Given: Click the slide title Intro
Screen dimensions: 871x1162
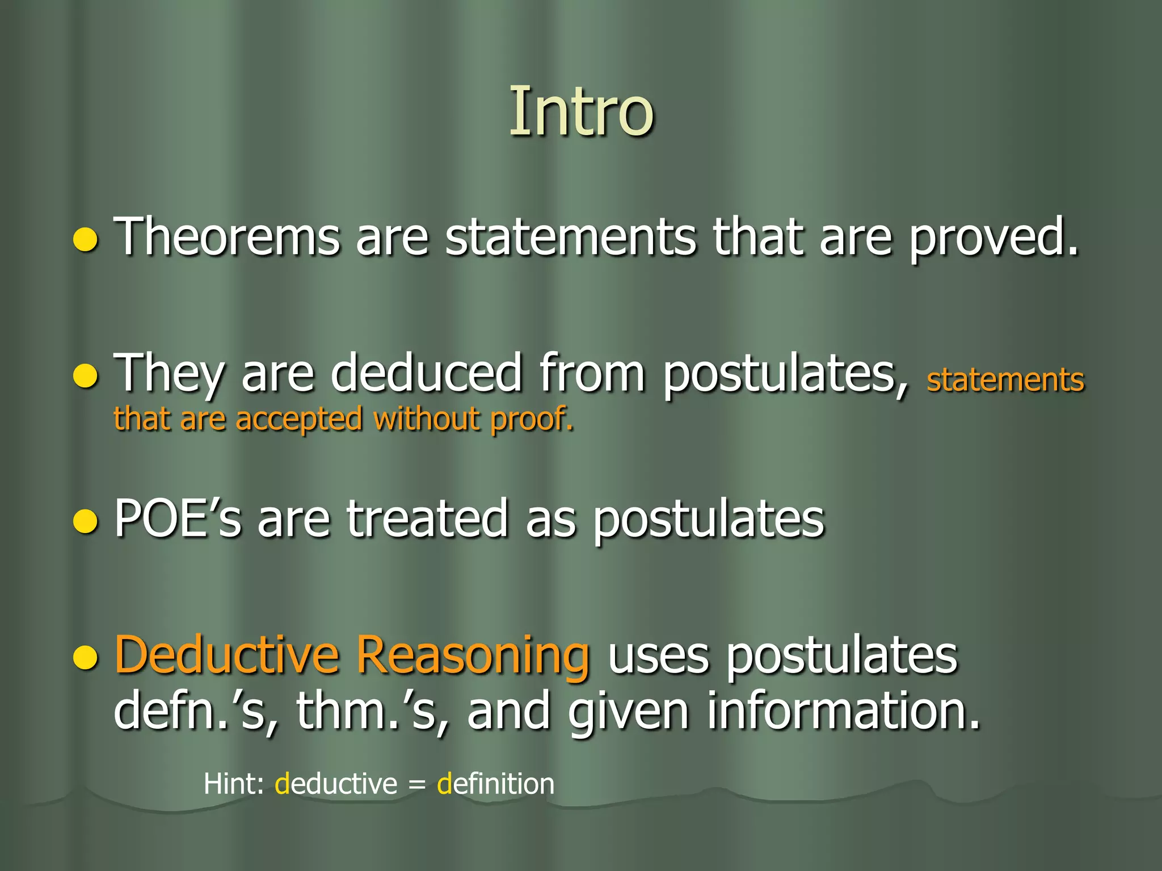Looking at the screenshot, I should [581, 112].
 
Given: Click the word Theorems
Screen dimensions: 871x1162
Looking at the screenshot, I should [227, 237].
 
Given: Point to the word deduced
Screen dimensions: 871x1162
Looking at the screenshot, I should [426, 373].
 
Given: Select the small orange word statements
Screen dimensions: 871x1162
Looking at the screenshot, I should [1005, 380].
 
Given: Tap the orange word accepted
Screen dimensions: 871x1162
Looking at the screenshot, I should [298, 420].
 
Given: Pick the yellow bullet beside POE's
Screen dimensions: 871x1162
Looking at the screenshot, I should [86, 522].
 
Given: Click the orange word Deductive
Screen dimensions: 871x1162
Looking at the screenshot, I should [227, 655].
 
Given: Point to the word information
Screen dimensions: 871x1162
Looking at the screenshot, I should [842, 711].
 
